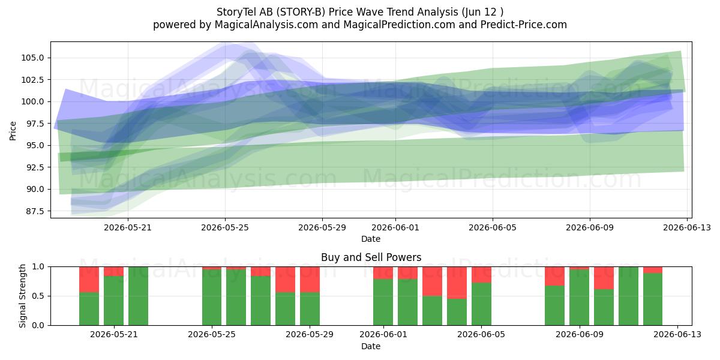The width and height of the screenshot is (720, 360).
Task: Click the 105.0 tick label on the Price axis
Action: point(32,58)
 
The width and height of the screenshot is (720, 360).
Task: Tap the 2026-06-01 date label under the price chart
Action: point(395,227)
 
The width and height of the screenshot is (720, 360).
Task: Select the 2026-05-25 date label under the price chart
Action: point(225,227)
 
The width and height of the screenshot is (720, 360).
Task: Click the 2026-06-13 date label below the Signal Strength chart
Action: point(677,335)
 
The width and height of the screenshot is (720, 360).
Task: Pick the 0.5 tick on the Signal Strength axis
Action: point(38,296)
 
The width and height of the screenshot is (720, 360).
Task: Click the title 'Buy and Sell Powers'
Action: point(371,257)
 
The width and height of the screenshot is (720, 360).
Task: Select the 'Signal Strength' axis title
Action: point(22,296)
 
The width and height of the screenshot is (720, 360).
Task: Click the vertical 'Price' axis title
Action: point(13,131)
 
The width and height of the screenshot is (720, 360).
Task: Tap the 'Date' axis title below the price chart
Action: point(371,239)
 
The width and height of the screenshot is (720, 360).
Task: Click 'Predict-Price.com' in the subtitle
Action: point(524,25)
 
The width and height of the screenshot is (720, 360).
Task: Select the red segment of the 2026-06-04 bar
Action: point(457,283)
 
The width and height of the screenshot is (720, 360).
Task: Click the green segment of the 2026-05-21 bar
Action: point(114,301)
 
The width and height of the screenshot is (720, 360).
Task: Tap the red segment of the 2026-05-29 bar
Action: point(310,280)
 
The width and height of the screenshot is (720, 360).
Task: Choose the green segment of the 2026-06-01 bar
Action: point(383,302)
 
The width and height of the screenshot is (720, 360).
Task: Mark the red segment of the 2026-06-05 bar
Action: point(481,275)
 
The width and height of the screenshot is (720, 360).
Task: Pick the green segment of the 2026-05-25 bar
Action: point(212,298)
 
